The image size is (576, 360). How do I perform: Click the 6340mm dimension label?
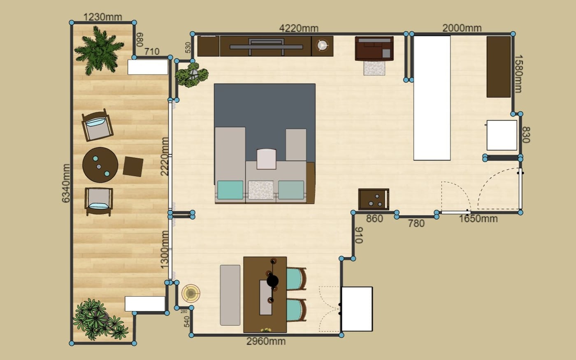(x=66, y=183)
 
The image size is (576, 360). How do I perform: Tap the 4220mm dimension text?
(x=299, y=28)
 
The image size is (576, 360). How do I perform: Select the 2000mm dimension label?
(x=462, y=28)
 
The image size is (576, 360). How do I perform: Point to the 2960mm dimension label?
(x=266, y=341)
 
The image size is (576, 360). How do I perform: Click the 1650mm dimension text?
(x=478, y=218)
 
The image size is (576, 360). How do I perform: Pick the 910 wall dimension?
(x=359, y=235)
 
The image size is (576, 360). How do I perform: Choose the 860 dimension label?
(x=374, y=218)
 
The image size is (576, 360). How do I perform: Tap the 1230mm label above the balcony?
(x=102, y=17)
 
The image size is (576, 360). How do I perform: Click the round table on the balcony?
(x=100, y=165)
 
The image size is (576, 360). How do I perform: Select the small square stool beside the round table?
(x=133, y=167)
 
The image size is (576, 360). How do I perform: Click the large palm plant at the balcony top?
(x=99, y=50)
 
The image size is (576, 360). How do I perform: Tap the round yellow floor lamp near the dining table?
(x=191, y=293)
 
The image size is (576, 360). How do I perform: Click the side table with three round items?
(x=374, y=199)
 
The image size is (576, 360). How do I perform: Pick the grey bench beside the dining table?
(x=230, y=295)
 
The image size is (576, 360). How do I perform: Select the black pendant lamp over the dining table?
(x=272, y=281)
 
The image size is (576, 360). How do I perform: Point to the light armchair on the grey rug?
(x=267, y=159)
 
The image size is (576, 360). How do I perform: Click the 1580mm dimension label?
(x=518, y=74)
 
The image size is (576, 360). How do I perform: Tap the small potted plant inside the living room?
(x=192, y=74)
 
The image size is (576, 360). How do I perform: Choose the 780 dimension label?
(x=416, y=223)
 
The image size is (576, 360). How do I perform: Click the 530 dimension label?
(x=188, y=48)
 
